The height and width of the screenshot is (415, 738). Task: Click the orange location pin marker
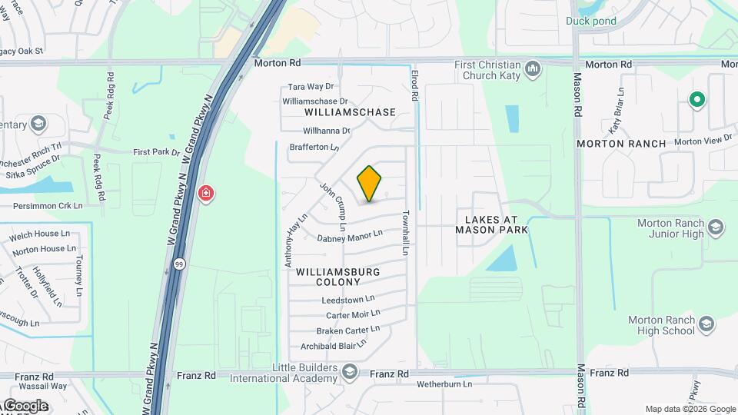369,184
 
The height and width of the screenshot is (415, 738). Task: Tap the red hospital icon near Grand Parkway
205,192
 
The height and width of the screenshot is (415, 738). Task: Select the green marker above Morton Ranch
697,100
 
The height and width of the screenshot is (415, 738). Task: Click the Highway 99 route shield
178,264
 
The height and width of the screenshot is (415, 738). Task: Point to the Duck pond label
591,21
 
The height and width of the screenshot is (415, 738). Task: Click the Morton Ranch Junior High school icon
716,228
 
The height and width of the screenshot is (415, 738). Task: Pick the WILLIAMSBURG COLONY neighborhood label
338,277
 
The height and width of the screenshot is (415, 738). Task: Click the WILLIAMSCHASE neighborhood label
344,112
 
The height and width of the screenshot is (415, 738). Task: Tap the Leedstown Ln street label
348,299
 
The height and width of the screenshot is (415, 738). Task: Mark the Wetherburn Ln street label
444,383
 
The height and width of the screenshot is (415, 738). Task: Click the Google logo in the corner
25,406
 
